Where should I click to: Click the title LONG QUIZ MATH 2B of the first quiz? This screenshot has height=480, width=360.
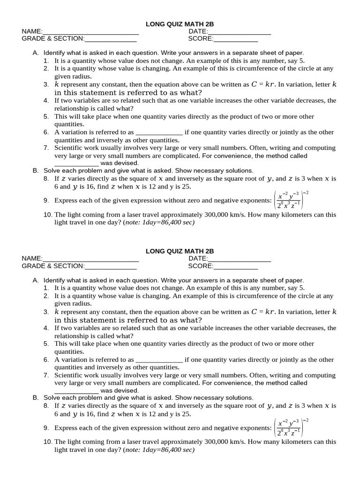180,23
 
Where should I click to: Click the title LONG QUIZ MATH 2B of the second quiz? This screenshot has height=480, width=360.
180,251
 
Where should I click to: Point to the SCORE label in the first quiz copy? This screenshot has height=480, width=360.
200,39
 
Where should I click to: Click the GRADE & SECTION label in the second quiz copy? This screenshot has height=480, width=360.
53,266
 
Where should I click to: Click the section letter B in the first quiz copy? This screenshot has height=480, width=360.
35,171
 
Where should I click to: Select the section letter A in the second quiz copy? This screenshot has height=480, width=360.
35,280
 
